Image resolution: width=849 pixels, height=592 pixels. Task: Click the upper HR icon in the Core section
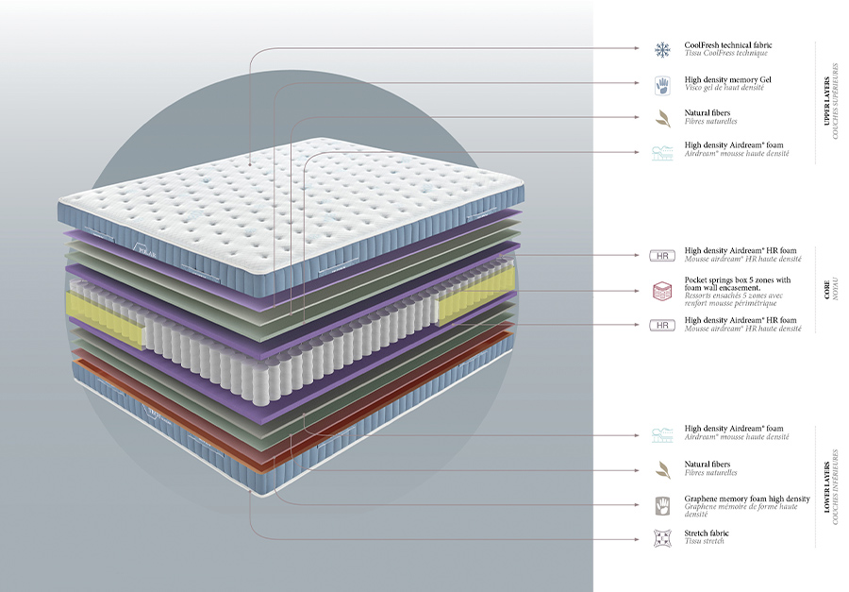click(661, 255)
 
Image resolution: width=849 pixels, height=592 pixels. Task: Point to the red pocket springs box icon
click(661, 289)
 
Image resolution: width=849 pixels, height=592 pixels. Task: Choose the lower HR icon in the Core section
click(661, 325)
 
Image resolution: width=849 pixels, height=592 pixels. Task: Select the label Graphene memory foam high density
click(746, 499)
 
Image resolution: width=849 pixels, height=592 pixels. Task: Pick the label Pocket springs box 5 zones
click(738, 280)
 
